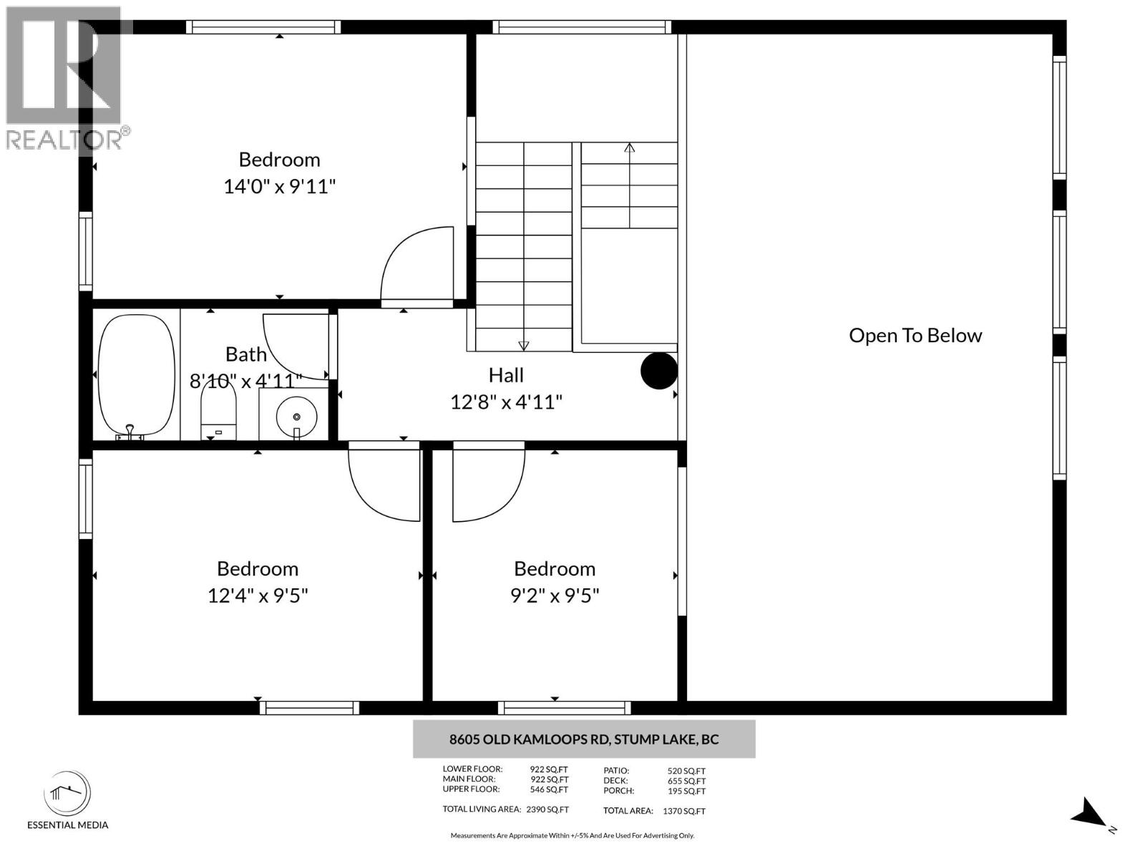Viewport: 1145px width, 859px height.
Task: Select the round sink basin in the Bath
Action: [x=296, y=417]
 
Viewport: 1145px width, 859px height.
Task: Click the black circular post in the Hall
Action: [x=658, y=371]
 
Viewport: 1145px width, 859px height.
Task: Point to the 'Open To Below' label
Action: [x=915, y=335]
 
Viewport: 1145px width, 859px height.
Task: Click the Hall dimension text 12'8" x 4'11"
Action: [x=506, y=402]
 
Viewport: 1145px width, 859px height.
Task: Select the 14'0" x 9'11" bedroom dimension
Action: [x=279, y=186]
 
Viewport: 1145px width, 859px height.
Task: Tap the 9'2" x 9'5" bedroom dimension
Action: [x=555, y=595]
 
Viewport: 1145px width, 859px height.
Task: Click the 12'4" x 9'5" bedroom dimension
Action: [x=258, y=595]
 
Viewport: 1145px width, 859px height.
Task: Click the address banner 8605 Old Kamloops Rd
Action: [x=584, y=739]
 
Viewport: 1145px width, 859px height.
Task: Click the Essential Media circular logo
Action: [x=67, y=793]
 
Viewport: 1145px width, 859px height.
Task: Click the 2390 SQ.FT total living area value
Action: [x=547, y=810]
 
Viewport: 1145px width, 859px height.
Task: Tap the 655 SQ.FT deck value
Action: [x=686, y=781]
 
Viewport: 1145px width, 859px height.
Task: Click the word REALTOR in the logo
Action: [x=64, y=140]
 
